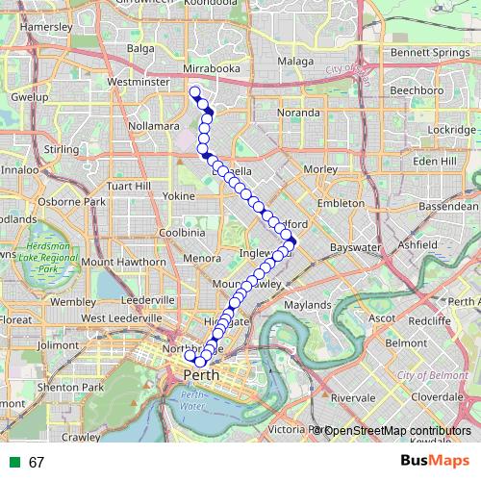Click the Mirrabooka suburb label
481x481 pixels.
[x=211, y=70]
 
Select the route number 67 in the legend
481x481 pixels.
[x=37, y=462]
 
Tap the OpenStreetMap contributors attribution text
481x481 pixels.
[x=400, y=431]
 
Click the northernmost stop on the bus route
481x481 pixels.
[x=195, y=92]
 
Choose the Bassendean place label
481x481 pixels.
[x=448, y=206]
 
